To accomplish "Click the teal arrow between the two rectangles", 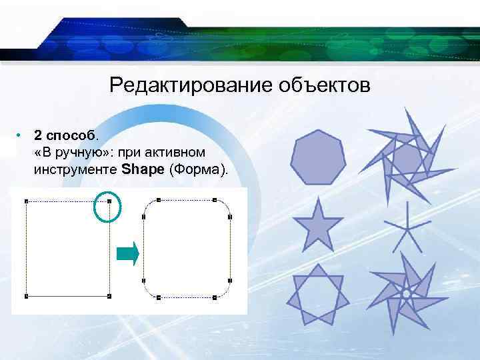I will click(x=128, y=253).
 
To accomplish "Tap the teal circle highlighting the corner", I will click(x=106, y=206).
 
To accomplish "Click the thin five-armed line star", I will click(x=404, y=229).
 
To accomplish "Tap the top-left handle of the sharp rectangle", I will click(x=26, y=200).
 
